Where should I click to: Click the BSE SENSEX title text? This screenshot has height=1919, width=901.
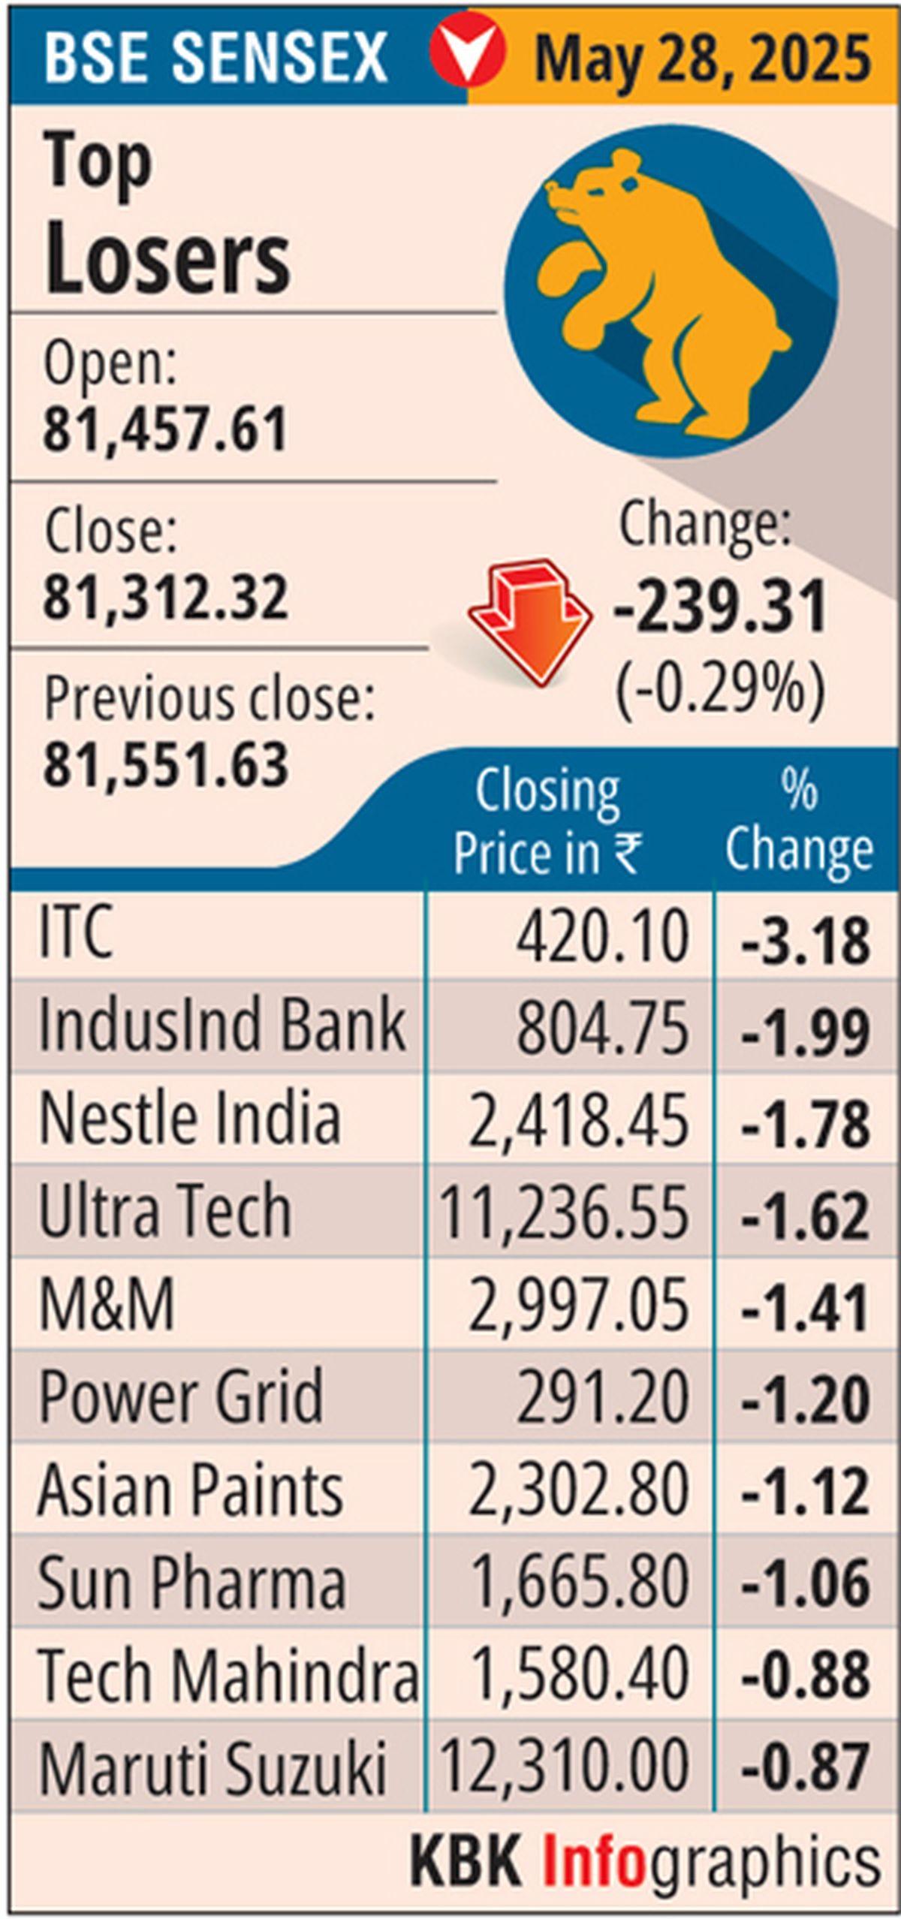coord(215,57)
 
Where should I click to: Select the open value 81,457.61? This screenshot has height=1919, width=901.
coord(165,430)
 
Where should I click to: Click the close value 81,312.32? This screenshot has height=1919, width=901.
coord(165,598)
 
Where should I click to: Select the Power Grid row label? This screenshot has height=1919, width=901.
coord(180,1396)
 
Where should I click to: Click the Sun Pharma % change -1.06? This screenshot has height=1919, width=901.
coord(805,1583)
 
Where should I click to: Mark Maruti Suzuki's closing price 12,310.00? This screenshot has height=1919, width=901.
coord(563,1767)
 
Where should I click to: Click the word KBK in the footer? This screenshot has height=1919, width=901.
coord(466,1857)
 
